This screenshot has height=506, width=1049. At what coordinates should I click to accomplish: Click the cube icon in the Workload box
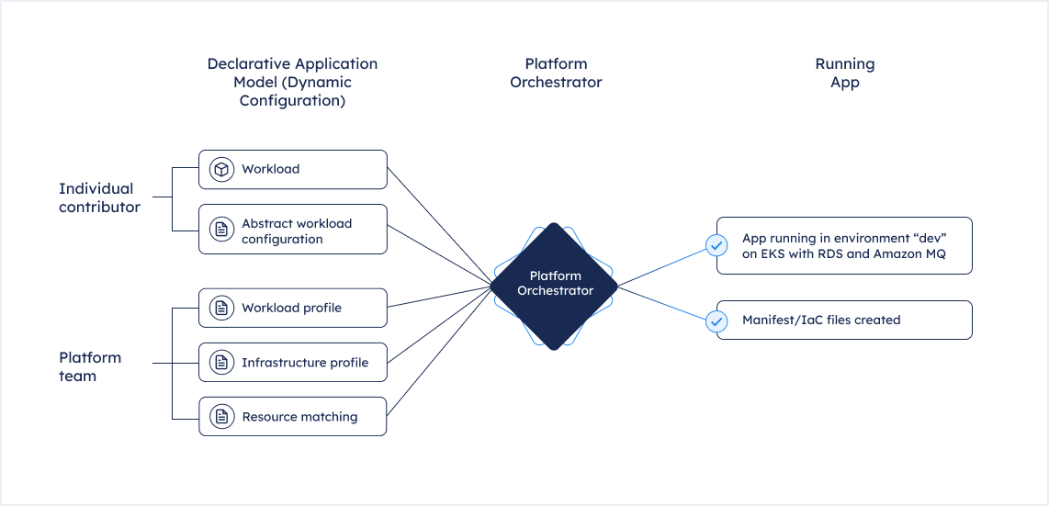click(220, 169)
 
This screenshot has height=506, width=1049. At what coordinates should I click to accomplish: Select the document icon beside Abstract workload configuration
click(220, 230)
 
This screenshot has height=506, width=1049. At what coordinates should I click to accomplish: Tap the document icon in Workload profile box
click(220, 308)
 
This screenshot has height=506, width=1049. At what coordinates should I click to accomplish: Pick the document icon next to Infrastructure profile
click(220, 363)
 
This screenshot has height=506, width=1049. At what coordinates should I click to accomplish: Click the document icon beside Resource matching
click(220, 416)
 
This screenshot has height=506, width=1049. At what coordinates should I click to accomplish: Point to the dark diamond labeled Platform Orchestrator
click(553, 287)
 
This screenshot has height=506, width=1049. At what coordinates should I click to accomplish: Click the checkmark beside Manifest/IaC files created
click(716, 321)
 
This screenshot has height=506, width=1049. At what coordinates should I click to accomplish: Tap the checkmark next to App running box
click(716, 245)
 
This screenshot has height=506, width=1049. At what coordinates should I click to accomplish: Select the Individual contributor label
click(100, 197)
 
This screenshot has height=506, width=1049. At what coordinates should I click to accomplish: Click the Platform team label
click(90, 366)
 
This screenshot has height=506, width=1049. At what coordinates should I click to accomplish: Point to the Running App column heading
click(845, 73)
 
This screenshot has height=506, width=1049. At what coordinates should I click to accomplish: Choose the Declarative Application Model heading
click(292, 83)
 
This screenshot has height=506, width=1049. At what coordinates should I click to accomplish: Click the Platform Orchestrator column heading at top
click(556, 73)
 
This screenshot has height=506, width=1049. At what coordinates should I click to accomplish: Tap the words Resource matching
click(299, 417)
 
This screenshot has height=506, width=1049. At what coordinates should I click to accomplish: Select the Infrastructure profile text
click(305, 363)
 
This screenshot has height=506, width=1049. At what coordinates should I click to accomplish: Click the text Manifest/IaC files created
click(821, 320)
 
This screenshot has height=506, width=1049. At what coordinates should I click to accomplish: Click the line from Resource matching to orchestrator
click(439, 352)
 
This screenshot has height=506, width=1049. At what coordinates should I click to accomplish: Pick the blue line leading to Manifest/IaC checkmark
click(661, 304)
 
